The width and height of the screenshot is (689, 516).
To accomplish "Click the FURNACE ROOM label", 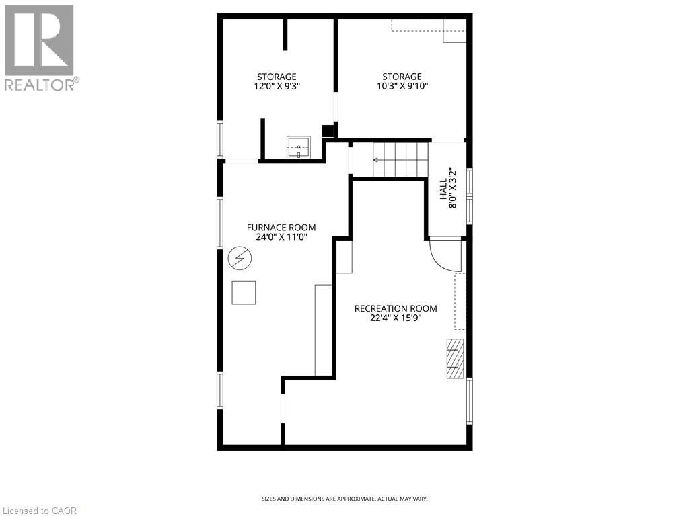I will [x=281, y=228].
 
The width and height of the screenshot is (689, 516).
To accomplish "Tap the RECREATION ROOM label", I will [x=396, y=308].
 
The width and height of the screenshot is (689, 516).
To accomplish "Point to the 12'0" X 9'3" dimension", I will [x=277, y=86].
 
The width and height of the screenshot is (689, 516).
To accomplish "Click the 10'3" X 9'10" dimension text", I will [x=402, y=86].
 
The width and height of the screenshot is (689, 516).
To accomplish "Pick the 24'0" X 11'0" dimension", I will [x=281, y=237].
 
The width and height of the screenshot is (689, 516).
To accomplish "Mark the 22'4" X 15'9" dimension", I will [x=396, y=318].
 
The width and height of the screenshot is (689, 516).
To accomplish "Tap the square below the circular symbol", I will [x=244, y=292].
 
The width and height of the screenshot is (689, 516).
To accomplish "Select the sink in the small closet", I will [x=299, y=146].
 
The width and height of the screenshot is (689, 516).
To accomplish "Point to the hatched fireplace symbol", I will [x=455, y=359].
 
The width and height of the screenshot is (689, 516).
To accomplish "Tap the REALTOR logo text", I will [x=40, y=85].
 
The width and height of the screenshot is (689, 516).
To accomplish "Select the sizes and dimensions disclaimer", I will [x=344, y=499].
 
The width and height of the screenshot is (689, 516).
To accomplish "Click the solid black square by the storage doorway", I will [x=328, y=131].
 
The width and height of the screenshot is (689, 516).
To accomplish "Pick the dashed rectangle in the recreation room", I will [x=460, y=301].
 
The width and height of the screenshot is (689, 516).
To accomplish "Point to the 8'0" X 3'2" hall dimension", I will [x=453, y=188].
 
